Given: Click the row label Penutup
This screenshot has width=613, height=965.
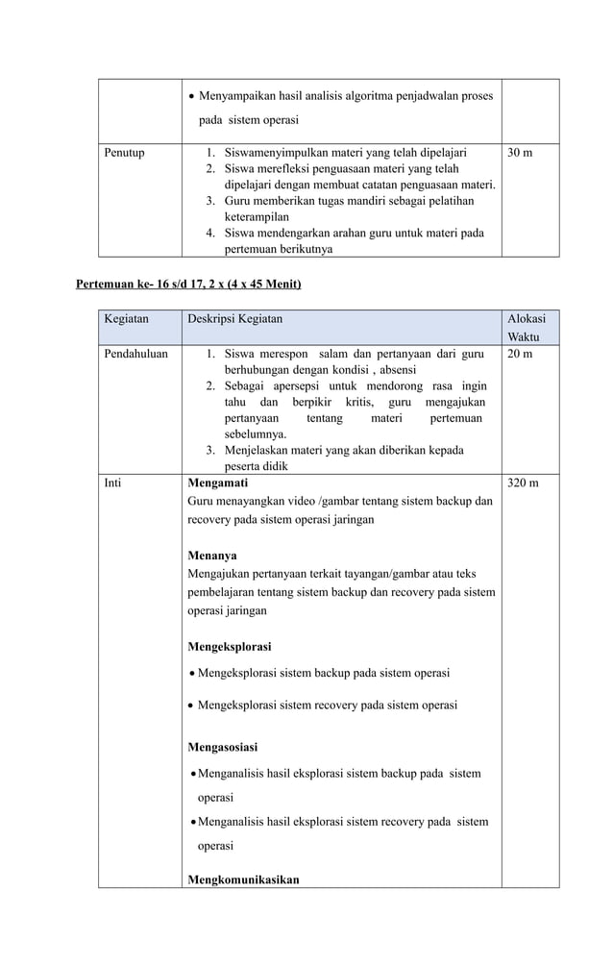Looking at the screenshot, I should click(125, 153).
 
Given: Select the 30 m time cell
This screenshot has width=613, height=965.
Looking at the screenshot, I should click(520, 153).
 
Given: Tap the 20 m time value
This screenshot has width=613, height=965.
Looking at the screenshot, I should click(520, 354).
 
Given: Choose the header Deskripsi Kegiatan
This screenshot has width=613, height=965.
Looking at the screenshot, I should click(234, 318).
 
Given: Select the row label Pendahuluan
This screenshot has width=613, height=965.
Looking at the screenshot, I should click(136, 354).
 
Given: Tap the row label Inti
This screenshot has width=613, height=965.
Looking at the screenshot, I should click(113, 482).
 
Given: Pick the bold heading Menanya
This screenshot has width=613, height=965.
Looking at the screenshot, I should click(212, 556).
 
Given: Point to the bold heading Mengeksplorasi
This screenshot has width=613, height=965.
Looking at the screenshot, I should click(229, 646).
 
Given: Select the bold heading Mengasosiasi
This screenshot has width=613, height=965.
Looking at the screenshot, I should click(222, 746).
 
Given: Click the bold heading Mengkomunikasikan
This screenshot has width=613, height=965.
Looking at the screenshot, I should click(243, 878).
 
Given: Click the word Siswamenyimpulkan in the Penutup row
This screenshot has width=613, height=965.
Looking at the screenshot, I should click(272, 153).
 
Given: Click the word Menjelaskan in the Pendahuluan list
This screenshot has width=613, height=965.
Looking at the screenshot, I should click(258, 450).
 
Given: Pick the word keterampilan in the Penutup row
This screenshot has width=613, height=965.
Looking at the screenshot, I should click(257, 217).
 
